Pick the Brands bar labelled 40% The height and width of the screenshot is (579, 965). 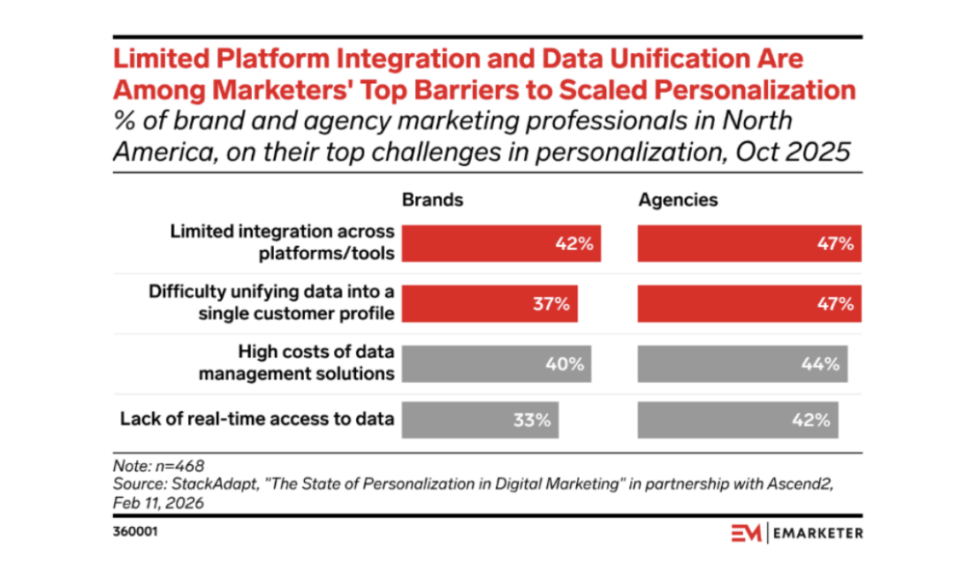[x=496, y=364]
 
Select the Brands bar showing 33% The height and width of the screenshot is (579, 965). [x=481, y=421]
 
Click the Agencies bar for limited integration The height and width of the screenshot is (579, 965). [x=749, y=244]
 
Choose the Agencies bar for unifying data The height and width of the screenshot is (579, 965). [x=749, y=304]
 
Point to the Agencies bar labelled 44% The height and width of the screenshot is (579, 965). [x=742, y=364]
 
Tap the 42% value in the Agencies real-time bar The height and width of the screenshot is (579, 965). [x=811, y=421]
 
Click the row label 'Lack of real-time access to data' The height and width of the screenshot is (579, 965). [x=256, y=420]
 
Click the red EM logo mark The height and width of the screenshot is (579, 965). [x=744, y=533]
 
